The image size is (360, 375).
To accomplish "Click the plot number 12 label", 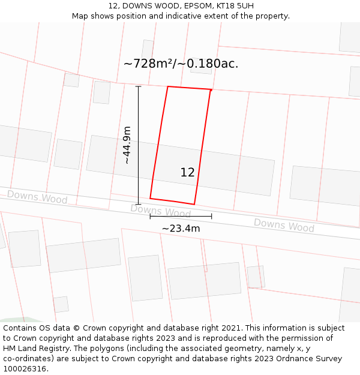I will (x=187, y=172).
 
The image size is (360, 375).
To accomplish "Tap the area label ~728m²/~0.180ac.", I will (x=181, y=64).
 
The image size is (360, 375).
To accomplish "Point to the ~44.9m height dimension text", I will (x=127, y=145).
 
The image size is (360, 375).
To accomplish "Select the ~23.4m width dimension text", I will (x=181, y=228).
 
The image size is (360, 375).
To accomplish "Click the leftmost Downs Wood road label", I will (x=37, y=197).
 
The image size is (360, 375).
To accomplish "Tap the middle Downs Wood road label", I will (x=160, y=211).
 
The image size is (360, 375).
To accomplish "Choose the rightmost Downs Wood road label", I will (x=284, y=225).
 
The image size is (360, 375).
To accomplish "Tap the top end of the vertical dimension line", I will (x=139, y=86).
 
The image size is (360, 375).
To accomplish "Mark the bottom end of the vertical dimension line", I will (x=139, y=204).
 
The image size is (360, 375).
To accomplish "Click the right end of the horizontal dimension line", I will (x=211, y=216).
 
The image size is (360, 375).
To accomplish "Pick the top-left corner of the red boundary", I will (x=167, y=86).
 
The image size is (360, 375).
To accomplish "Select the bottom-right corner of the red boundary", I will (x=194, y=204).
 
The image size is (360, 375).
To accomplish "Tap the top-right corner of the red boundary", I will (x=211, y=90).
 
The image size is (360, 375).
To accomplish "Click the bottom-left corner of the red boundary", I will (x=150, y=198).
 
